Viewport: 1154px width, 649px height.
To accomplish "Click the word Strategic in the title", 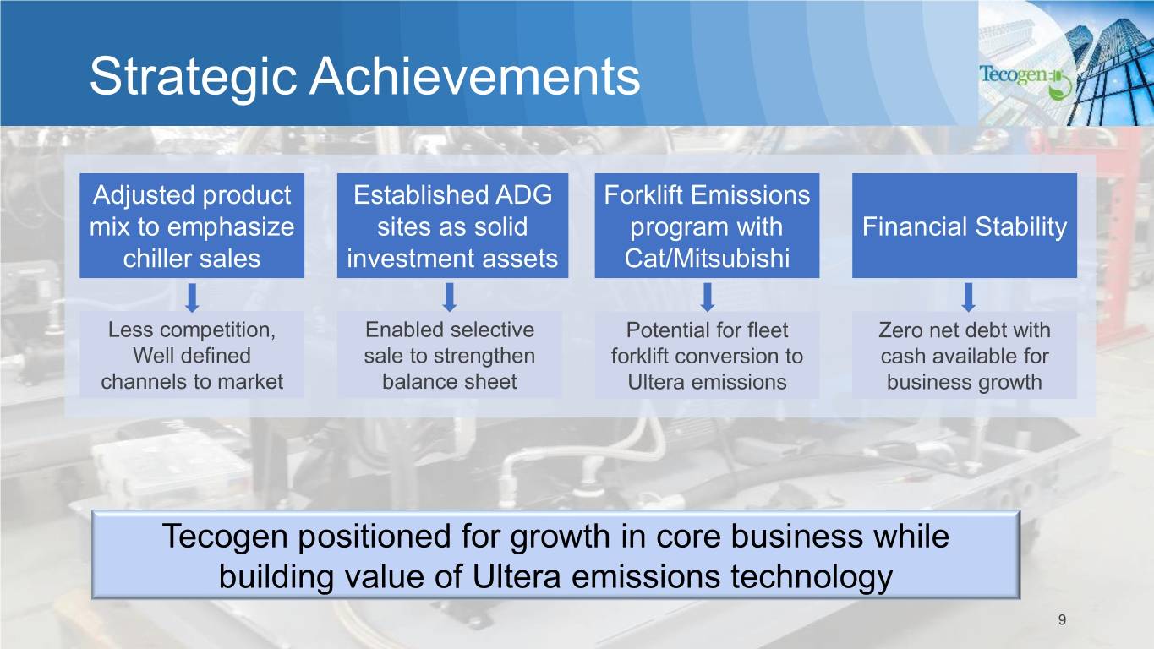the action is (194, 77).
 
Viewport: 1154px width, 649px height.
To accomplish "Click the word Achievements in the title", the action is (474, 76).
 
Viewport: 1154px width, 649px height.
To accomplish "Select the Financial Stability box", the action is (965, 226).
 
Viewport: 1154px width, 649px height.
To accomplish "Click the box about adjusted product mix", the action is (192, 226).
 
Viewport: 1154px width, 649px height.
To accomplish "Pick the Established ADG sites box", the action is (452, 226).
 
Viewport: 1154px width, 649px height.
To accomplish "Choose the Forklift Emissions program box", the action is (707, 226).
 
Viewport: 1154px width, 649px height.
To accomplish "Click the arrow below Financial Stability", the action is (969, 297).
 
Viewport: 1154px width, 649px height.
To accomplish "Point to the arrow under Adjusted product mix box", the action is (192, 297).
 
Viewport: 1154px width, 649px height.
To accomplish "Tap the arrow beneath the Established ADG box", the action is (450, 297).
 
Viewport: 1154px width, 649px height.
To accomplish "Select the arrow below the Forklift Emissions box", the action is (708, 297).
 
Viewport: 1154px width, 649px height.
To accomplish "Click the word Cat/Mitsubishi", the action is (707, 258).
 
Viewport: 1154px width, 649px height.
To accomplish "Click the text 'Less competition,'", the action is (192, 330).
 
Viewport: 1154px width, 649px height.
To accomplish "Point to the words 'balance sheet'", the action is (449, 382).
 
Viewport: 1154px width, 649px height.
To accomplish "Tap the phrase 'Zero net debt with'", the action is (965, 330).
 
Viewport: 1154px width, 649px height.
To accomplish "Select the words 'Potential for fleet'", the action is (707, 330).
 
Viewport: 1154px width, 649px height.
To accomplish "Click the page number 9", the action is (1062, 619).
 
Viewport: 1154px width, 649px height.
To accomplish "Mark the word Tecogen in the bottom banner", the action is (226, 536).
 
